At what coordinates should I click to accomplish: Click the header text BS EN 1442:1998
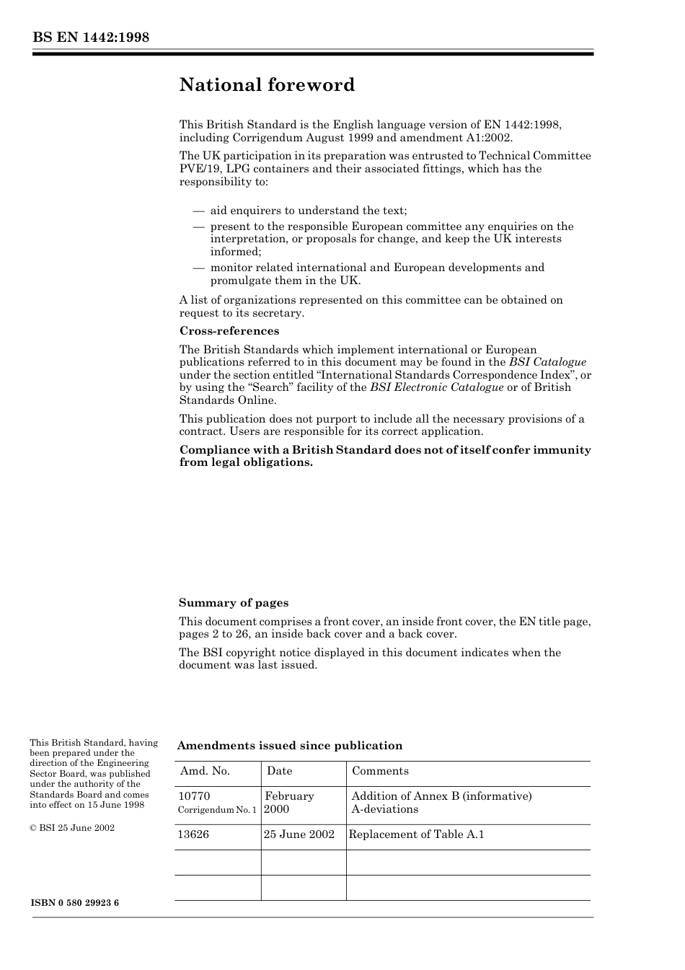[90, 38]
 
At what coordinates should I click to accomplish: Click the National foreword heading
[267, 85]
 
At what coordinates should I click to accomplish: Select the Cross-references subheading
[229, 331]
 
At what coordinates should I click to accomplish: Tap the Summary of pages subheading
[234, 603]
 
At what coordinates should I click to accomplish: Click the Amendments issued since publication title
[290, 746]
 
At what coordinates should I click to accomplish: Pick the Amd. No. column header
[205, 771]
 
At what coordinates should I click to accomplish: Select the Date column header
[279, 771]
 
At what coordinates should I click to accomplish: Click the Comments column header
[380, 771]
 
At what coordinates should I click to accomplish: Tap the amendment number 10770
[194, 796]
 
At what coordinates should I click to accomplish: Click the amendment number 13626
[193, 834]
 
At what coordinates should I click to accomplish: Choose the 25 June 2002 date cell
[299, 834]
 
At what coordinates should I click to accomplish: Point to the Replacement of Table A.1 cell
[416, 834]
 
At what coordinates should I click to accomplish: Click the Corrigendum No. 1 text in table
[217, 810]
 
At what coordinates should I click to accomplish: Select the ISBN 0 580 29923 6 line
[75, 903]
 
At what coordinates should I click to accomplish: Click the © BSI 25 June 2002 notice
[72, 828]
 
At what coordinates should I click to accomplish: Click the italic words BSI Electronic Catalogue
[436, 387]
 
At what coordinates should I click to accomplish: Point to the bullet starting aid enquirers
[308, 211]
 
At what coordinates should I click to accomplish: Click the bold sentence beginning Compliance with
[384, 456]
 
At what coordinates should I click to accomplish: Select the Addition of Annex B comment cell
[441, 803]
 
